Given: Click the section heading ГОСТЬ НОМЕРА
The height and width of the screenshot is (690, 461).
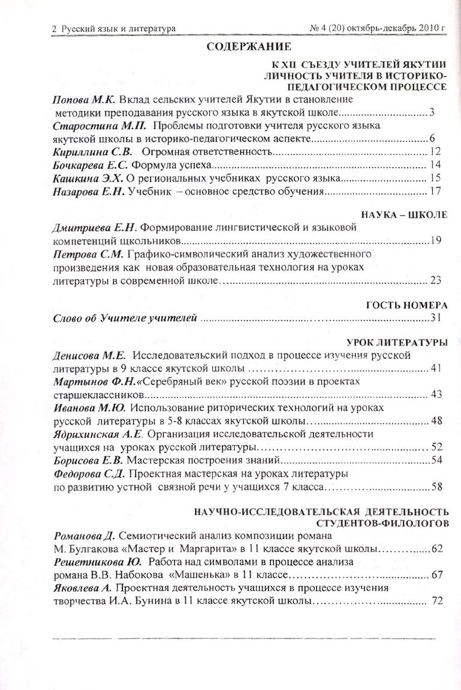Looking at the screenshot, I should [406, 304].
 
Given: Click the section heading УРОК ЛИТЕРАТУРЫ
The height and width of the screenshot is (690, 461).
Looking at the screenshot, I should [397, 342].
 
